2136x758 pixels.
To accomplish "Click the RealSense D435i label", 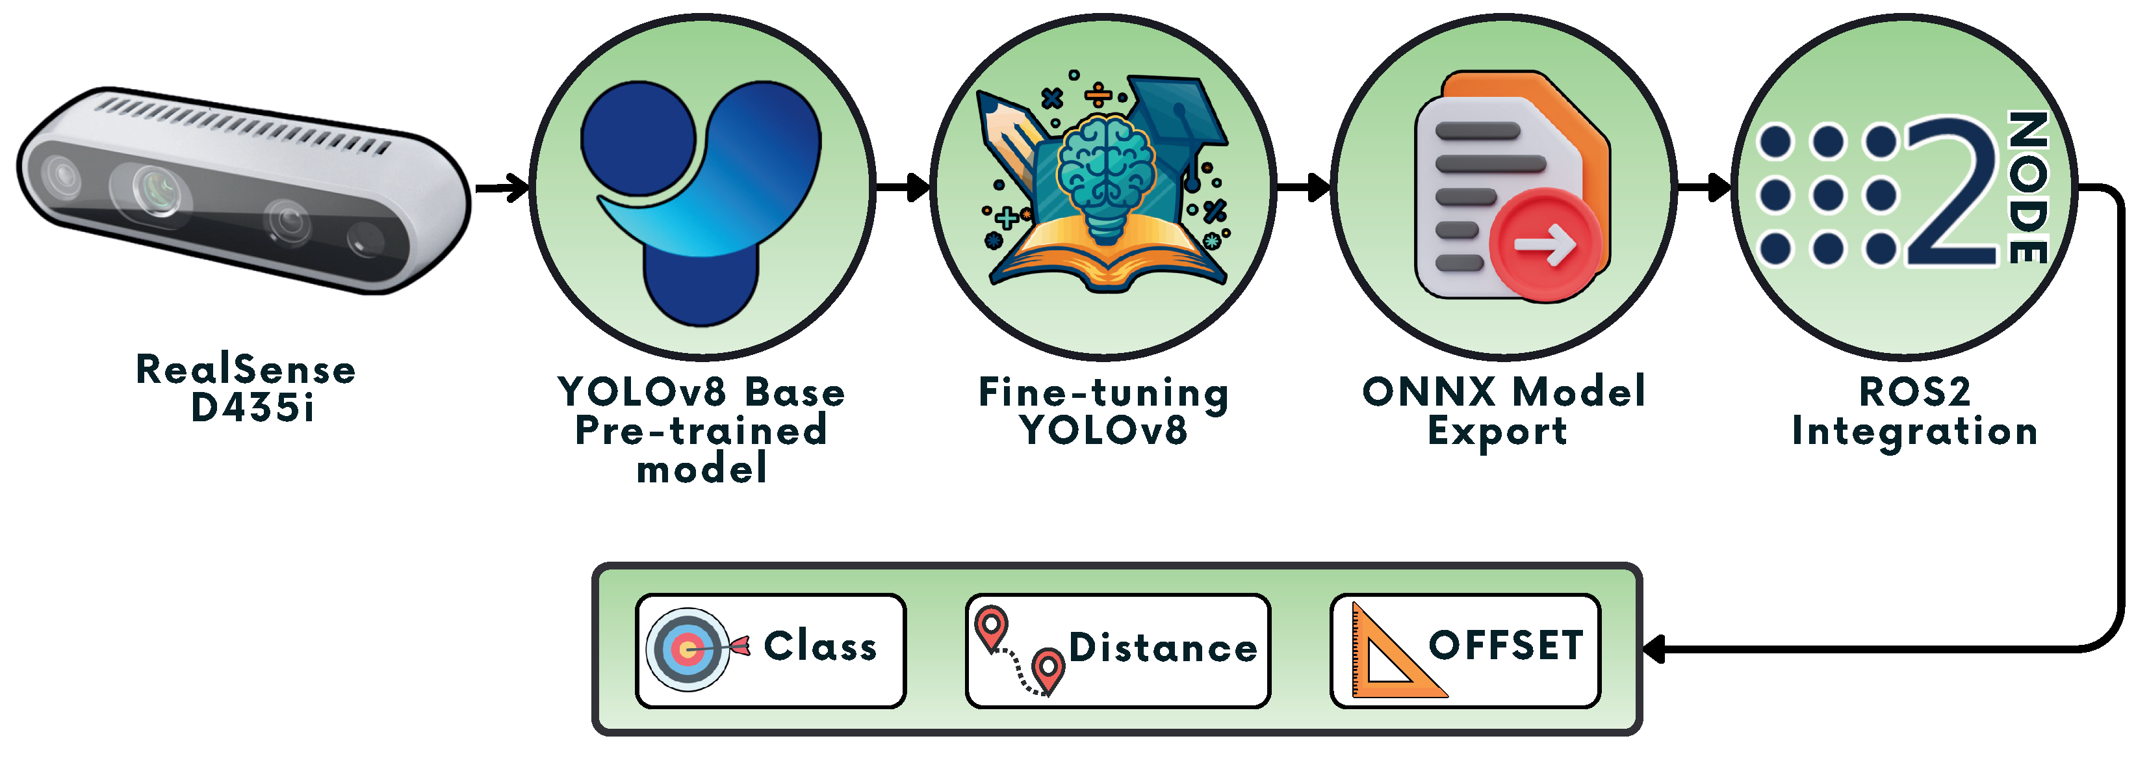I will pos(246,388).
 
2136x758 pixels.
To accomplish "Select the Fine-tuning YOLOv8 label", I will pos(1103,412).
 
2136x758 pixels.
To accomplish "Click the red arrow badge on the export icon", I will pos(1544,244).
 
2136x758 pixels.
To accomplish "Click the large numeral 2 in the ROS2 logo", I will pos(1953,192).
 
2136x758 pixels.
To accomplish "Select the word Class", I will pos(820,646).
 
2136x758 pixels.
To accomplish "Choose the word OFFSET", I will pos(1506,646).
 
